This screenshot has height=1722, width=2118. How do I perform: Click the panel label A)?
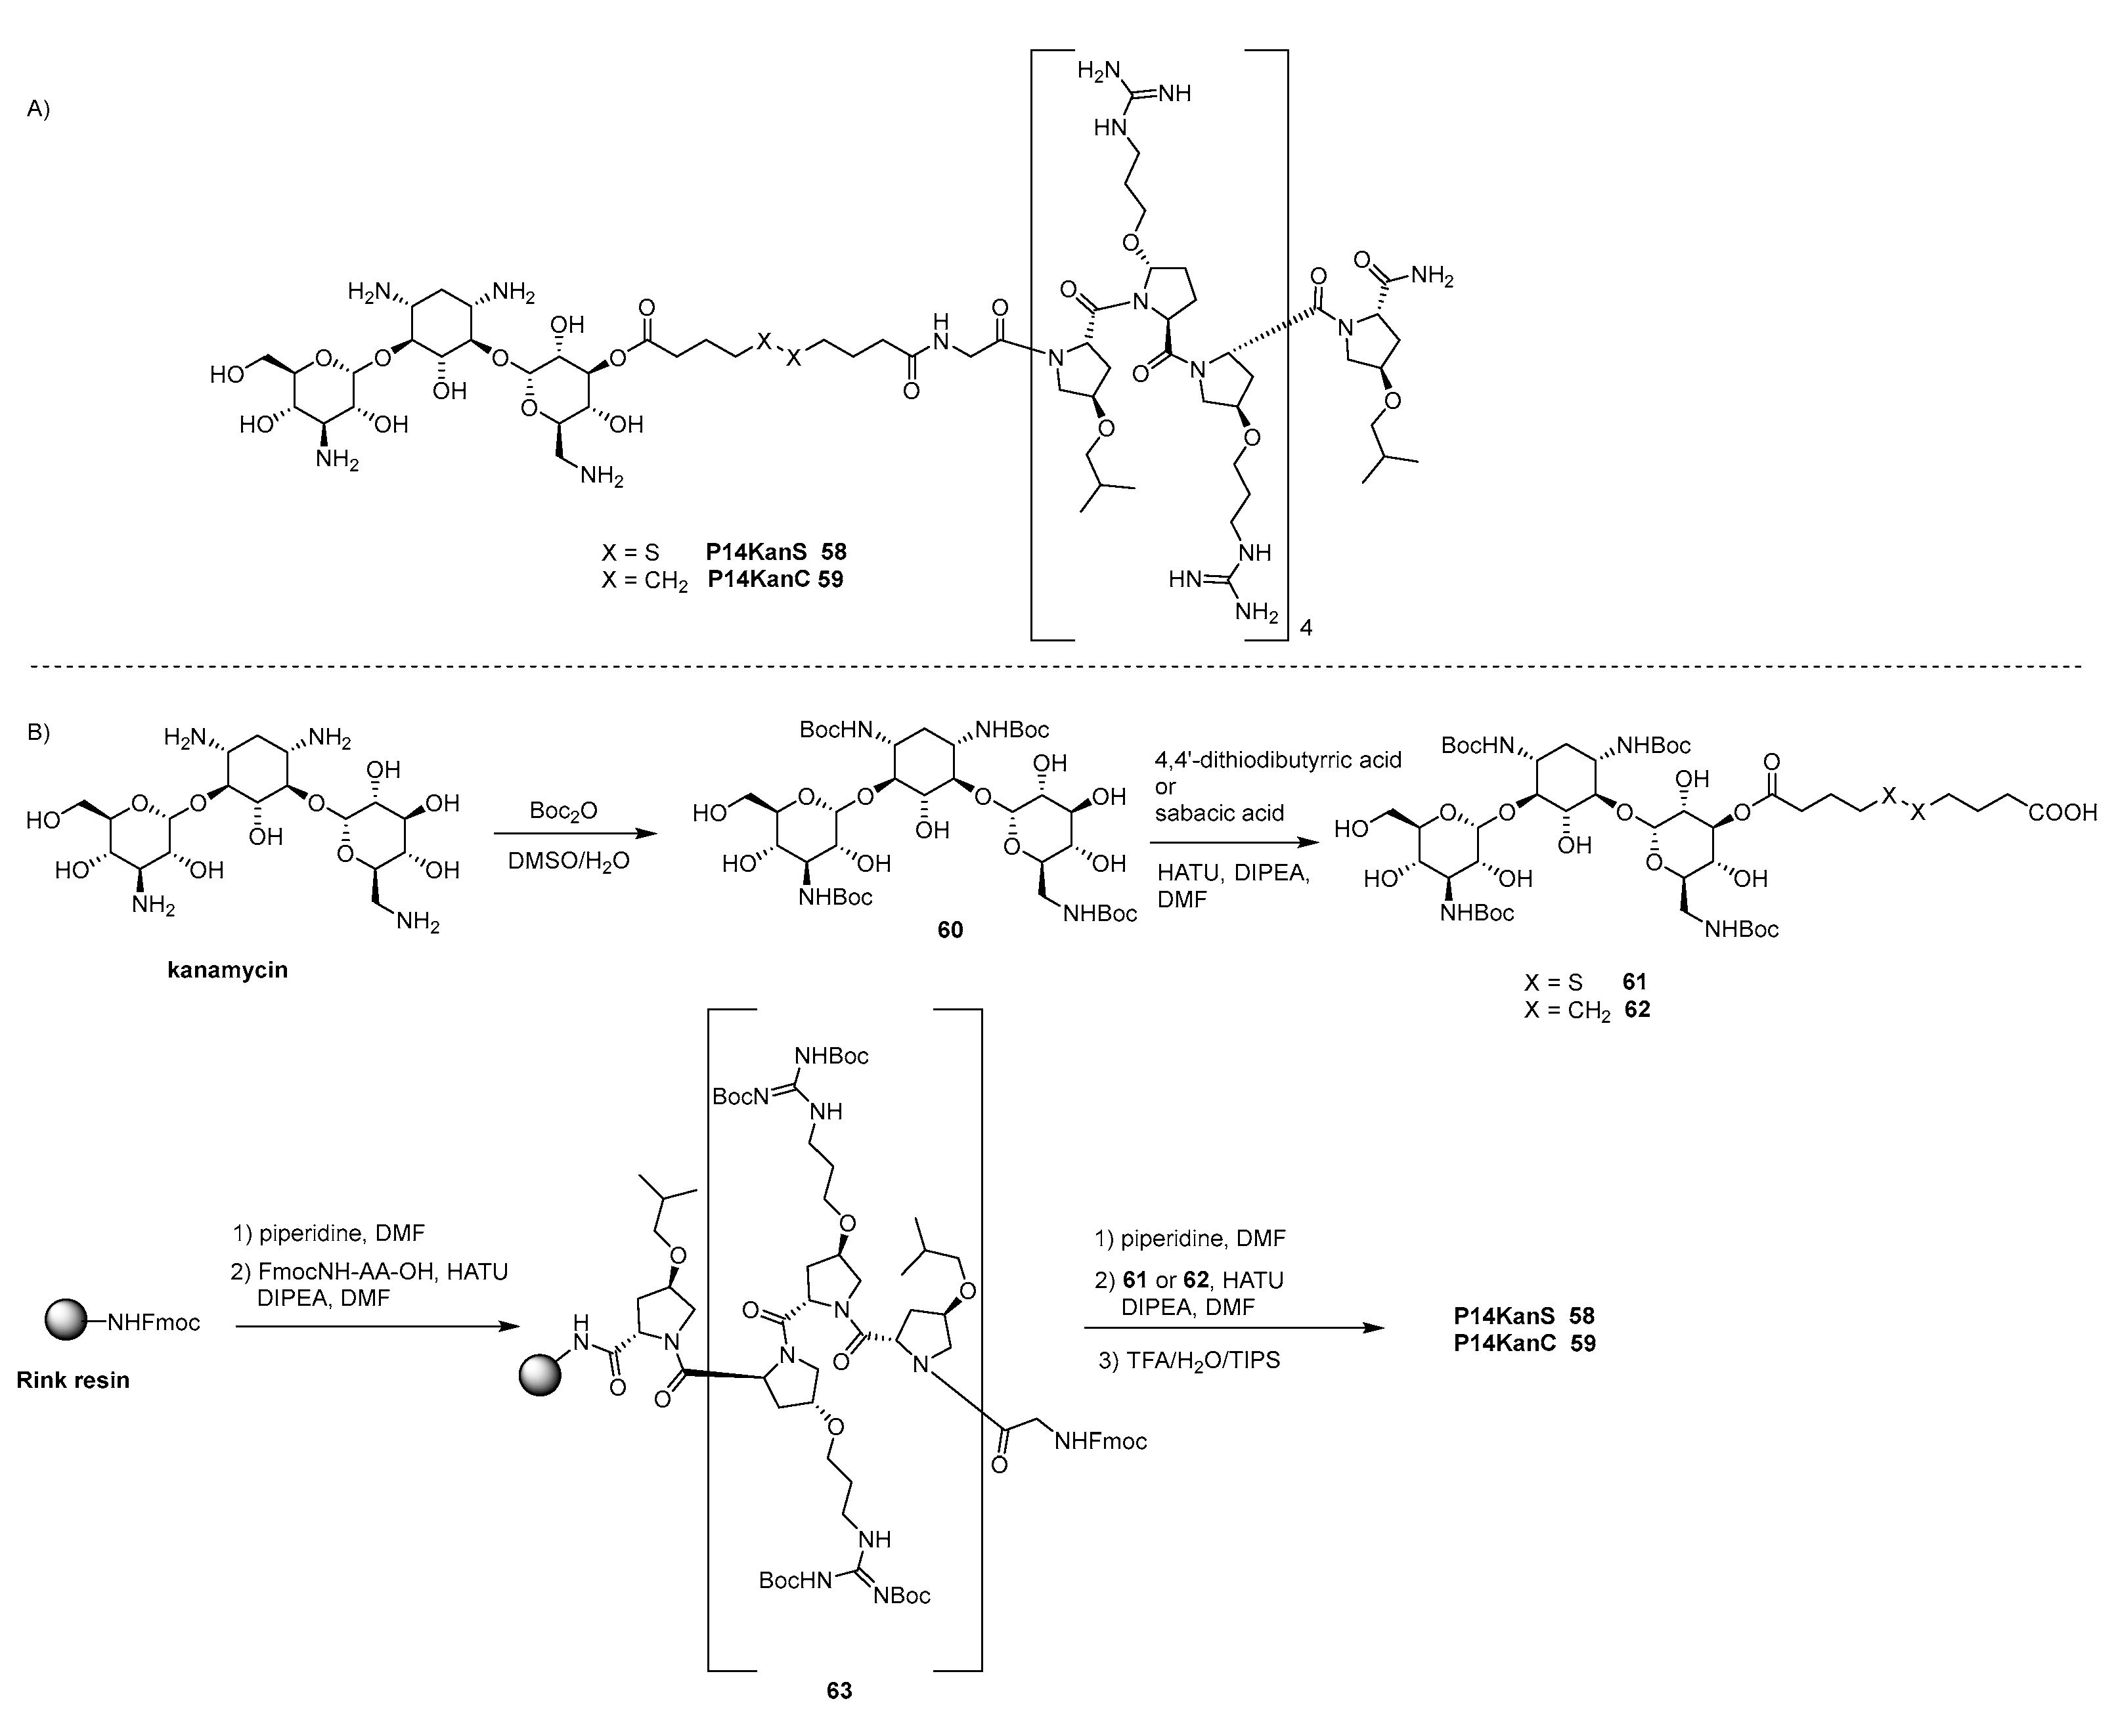coord(37,109)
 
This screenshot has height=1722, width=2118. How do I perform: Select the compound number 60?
coord(950,930)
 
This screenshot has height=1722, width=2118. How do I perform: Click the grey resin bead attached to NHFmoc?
coord(66,1322)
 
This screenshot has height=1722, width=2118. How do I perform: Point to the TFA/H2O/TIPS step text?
coord(1189,1360)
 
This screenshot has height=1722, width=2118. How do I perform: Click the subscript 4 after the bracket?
coord(1306,628)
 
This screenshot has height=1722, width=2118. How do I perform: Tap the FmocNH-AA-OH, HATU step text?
coord(370,1272)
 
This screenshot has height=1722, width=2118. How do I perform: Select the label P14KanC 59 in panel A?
coord(775,579)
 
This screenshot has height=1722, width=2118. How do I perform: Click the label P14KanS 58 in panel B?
coord(1524,1316)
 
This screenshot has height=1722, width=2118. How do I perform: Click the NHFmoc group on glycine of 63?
coord(1100,1441)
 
